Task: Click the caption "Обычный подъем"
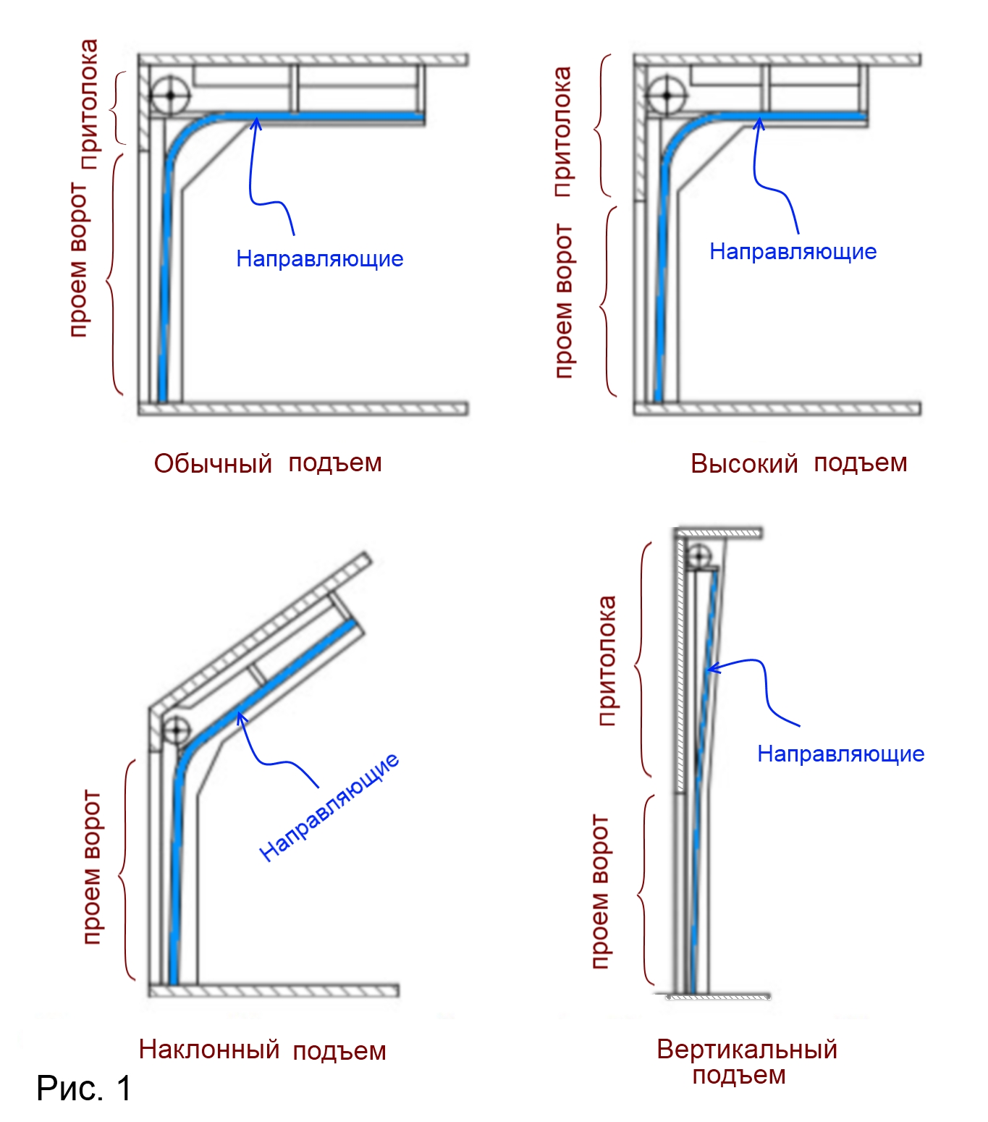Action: (x=268, y=463)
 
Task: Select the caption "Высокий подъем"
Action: (x=798, y=463)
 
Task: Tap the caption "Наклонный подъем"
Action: (x=262, y=1050)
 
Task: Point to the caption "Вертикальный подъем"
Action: (x=746, y=1062)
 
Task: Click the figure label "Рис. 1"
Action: (x=84, y=1088)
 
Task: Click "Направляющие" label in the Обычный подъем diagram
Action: (x=319, y=258)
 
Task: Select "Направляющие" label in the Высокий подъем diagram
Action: (x=793, y=251)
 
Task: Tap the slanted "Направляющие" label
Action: (x=329, y=806)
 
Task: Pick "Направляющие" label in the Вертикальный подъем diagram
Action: (x=840, y=754)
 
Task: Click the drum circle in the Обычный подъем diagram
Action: (x=170, y=95)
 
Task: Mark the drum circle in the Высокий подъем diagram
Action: (x=666, y=95)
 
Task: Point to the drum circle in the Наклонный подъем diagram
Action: (x=176, y=730)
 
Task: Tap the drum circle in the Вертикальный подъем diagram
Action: (x=698, y=557)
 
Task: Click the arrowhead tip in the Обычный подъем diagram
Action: (x=256, y=119)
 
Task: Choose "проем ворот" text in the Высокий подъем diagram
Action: (x=562, y=300)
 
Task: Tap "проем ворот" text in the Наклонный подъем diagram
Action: (x=92, y=867)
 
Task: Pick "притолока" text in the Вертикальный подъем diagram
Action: (x=607, y=660)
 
